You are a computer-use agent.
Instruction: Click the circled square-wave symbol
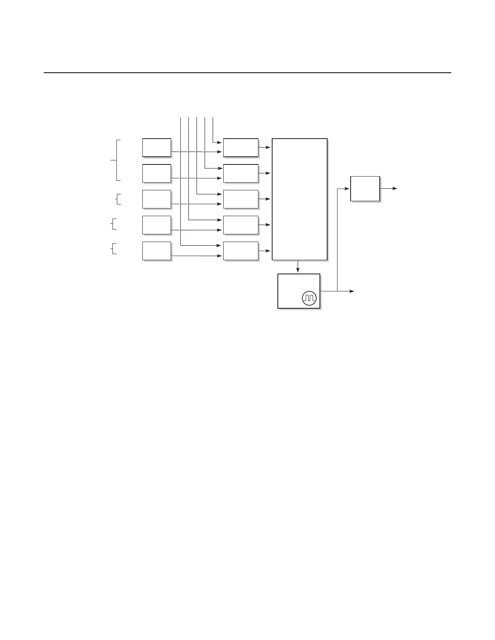click(x=309, y=298)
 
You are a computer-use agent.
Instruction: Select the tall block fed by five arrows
click(x=299, y=199)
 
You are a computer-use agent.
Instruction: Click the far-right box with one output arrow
click(x=365, y=189)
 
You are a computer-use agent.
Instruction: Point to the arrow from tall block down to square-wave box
click(x=298, y=267)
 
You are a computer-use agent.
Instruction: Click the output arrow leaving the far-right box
click(x=389, y=189)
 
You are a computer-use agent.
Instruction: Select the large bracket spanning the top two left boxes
click(x=117, y=160)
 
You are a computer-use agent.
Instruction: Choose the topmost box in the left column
click(x=157, y=147)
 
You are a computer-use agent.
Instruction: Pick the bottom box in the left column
click(x=157, y=251)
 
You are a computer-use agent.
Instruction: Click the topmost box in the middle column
click(x=241, y=147)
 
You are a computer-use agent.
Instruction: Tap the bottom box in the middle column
click(x=241, y=251)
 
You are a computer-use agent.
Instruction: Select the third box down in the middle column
click(x=241, y=199)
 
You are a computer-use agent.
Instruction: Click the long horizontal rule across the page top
click(x=247, y=73)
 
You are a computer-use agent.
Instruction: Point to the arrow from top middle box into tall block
click(x=265, y=147)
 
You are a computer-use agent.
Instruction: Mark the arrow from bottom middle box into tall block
click(x=265, y=251)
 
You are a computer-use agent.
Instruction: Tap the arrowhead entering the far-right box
click(x=347, y=189)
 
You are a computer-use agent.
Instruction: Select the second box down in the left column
click(x=157, y=173)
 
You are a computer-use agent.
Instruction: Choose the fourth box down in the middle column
click(x=241, y=225)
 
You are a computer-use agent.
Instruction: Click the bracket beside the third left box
click(x=118, y=199)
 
